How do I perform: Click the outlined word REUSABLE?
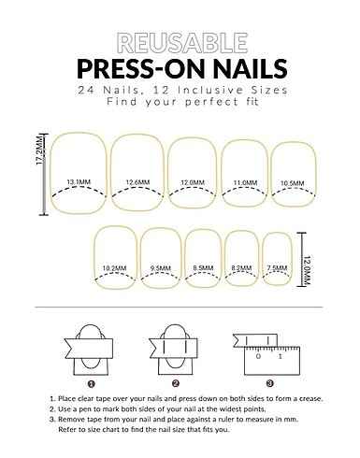182,43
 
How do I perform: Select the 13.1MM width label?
79,182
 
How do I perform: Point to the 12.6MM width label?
137,182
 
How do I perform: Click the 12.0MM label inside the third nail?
193,182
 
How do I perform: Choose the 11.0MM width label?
245,182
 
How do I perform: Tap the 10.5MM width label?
292,183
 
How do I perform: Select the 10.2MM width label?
115,268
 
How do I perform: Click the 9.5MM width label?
161,268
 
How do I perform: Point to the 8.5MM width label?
203,268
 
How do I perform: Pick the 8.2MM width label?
241,268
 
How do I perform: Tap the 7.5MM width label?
277,268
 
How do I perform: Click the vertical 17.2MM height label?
39,150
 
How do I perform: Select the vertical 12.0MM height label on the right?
307,270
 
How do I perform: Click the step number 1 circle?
92,384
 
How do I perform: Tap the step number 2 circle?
176,383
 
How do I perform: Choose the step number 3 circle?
270,383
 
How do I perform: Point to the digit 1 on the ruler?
281,356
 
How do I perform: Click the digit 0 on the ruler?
258,356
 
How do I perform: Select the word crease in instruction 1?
310,399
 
